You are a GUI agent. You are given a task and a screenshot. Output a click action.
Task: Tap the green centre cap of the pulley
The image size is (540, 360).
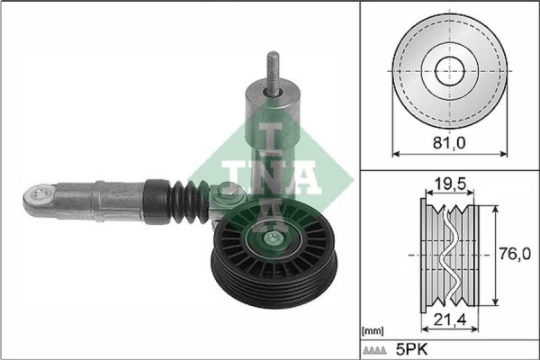click(x=271, y=240)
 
